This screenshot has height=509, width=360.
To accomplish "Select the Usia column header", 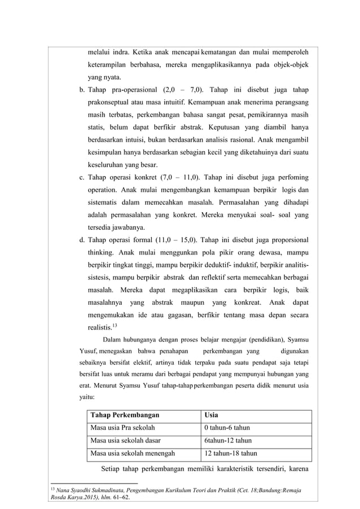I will tap(212, 415).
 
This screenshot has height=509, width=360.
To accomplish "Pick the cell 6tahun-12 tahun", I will tap(228, 440).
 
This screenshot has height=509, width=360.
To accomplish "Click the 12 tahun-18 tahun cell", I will tap(230, 453).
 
